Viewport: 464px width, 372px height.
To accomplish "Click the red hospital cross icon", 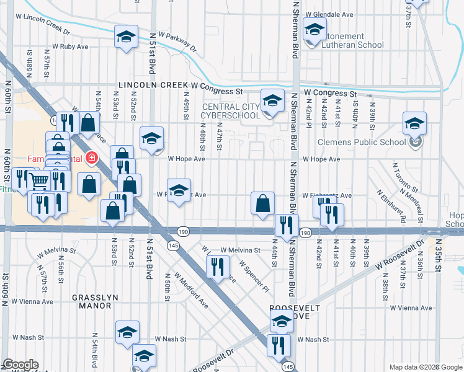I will click(92, 158).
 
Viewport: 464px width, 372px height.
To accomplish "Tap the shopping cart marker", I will click(38, 180).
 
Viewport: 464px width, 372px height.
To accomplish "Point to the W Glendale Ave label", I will click(332, 14).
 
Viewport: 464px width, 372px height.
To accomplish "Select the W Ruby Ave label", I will click(70, 46).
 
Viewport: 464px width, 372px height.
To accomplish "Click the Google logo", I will click(20, 365).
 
